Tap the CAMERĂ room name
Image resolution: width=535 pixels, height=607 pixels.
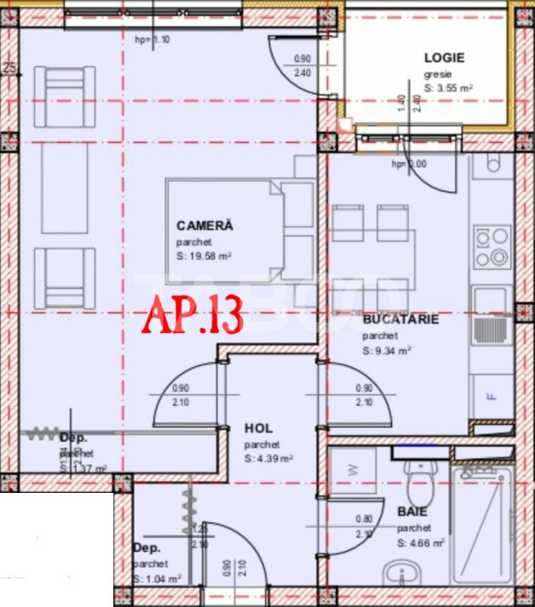[x=204, y=226]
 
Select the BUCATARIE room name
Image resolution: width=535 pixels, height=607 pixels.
[x=400, y=320]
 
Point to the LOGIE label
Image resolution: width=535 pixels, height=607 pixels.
[x=444, y=58]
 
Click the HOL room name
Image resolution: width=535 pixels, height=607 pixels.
[x=258, y=428]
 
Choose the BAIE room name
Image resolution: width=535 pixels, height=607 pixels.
[x=413, y=513]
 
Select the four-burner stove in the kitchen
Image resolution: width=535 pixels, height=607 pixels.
[x=492, y=245]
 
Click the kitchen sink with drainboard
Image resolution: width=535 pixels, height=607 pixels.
[x=492, y=316]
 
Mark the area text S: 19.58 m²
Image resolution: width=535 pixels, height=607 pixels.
[x=204, y=255]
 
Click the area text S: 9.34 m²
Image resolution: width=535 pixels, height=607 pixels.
[x=388, y=349]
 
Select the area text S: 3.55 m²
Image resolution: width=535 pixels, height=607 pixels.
[x=449, y=87]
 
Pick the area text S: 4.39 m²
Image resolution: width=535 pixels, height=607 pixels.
[x=268, y=458]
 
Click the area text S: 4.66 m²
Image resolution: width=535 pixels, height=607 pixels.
[x=420, y=542]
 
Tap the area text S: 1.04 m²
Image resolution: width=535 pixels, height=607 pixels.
[x=157, y=578]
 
